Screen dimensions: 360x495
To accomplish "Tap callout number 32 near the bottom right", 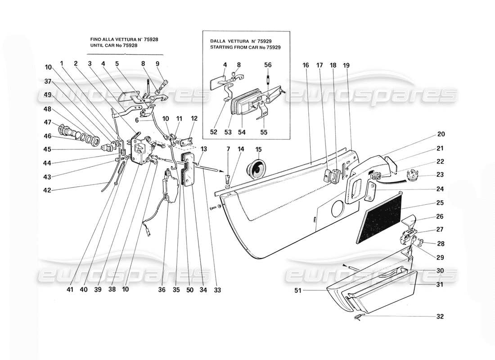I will click(x=440, y=316).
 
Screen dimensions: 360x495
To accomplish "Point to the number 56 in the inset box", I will click(x=268, y=65).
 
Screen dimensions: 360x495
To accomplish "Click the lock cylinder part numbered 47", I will click(x=66, y=133).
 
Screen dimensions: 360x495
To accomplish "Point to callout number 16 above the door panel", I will click(x=306, y=65).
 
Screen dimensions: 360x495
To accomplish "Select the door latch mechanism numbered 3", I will click(x=141, y=151).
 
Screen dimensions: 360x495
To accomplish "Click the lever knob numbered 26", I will click(x=409, y=221).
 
